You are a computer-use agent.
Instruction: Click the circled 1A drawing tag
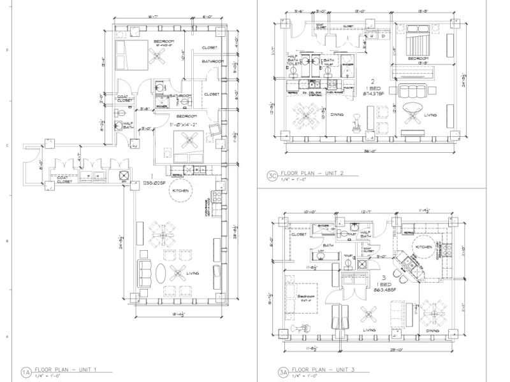(26, 371)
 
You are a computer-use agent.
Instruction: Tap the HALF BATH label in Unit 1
(127, 125)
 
